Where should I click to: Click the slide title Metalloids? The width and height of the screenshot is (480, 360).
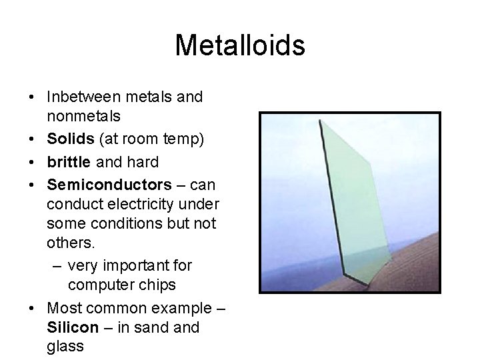click(x=240, y=45)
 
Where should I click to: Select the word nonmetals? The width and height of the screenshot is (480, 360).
click(x=83, y=116)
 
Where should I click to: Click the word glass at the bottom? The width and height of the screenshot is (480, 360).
click(x=65, y=347)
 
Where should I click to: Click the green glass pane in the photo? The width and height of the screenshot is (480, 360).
click(x=357, y=200)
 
